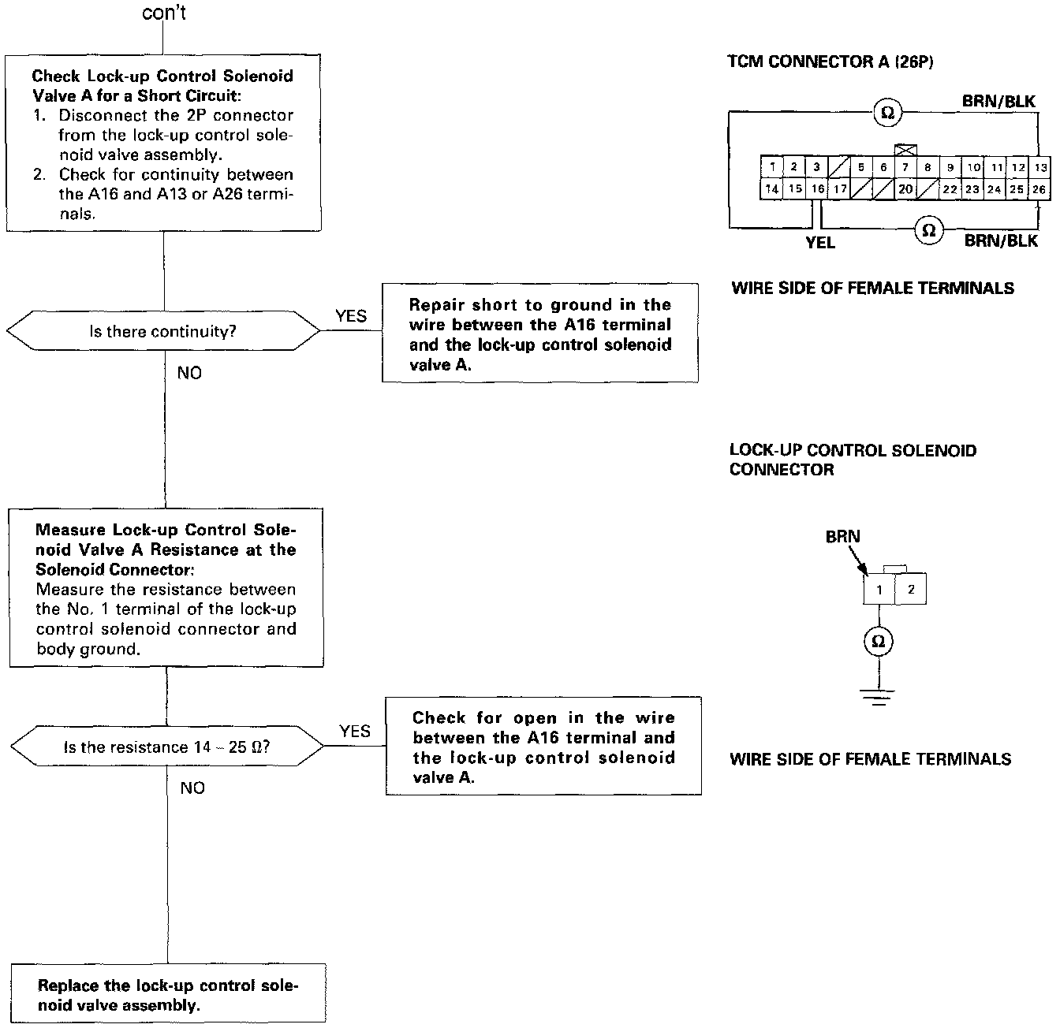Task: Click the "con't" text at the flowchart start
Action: click(164, 13)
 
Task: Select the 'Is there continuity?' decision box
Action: click(163, 331)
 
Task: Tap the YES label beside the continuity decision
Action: click(351, 316)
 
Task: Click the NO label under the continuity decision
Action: click(189, 373)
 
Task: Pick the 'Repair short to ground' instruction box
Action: click(540, 333)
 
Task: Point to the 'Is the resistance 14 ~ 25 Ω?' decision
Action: click(166, 747)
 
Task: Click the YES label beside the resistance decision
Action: click(355, 732)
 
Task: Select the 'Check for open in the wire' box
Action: click(543, 747)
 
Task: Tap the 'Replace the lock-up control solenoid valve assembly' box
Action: click(168, 994)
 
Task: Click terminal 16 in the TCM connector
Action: click(818, 189)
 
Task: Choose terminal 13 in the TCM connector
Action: click(1041, 167)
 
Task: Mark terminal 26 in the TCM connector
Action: click(1039, 189)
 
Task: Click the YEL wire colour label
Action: click(820, 243)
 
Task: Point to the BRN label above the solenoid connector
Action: click(842, 537)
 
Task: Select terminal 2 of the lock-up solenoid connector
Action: click(911, 590)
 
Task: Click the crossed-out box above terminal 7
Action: click(905, 150)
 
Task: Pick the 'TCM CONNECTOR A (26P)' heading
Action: click(830, 61)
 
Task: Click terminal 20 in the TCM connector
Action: click(905, 189)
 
